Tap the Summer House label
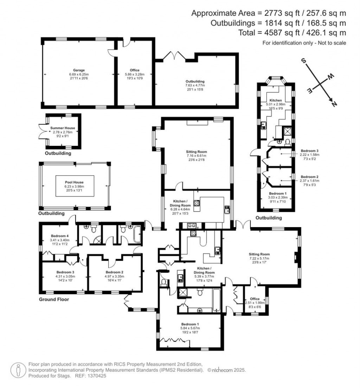pos(63,128)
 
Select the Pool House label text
pos(74,182)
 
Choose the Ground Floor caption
pos(54,300)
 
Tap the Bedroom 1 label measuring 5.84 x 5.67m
pos(190,324)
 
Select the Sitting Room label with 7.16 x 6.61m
pos(197,151)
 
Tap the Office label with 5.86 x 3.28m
pos(135,70)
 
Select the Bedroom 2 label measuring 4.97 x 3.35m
pos(115,272)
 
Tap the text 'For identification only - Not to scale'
pos(304,43)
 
